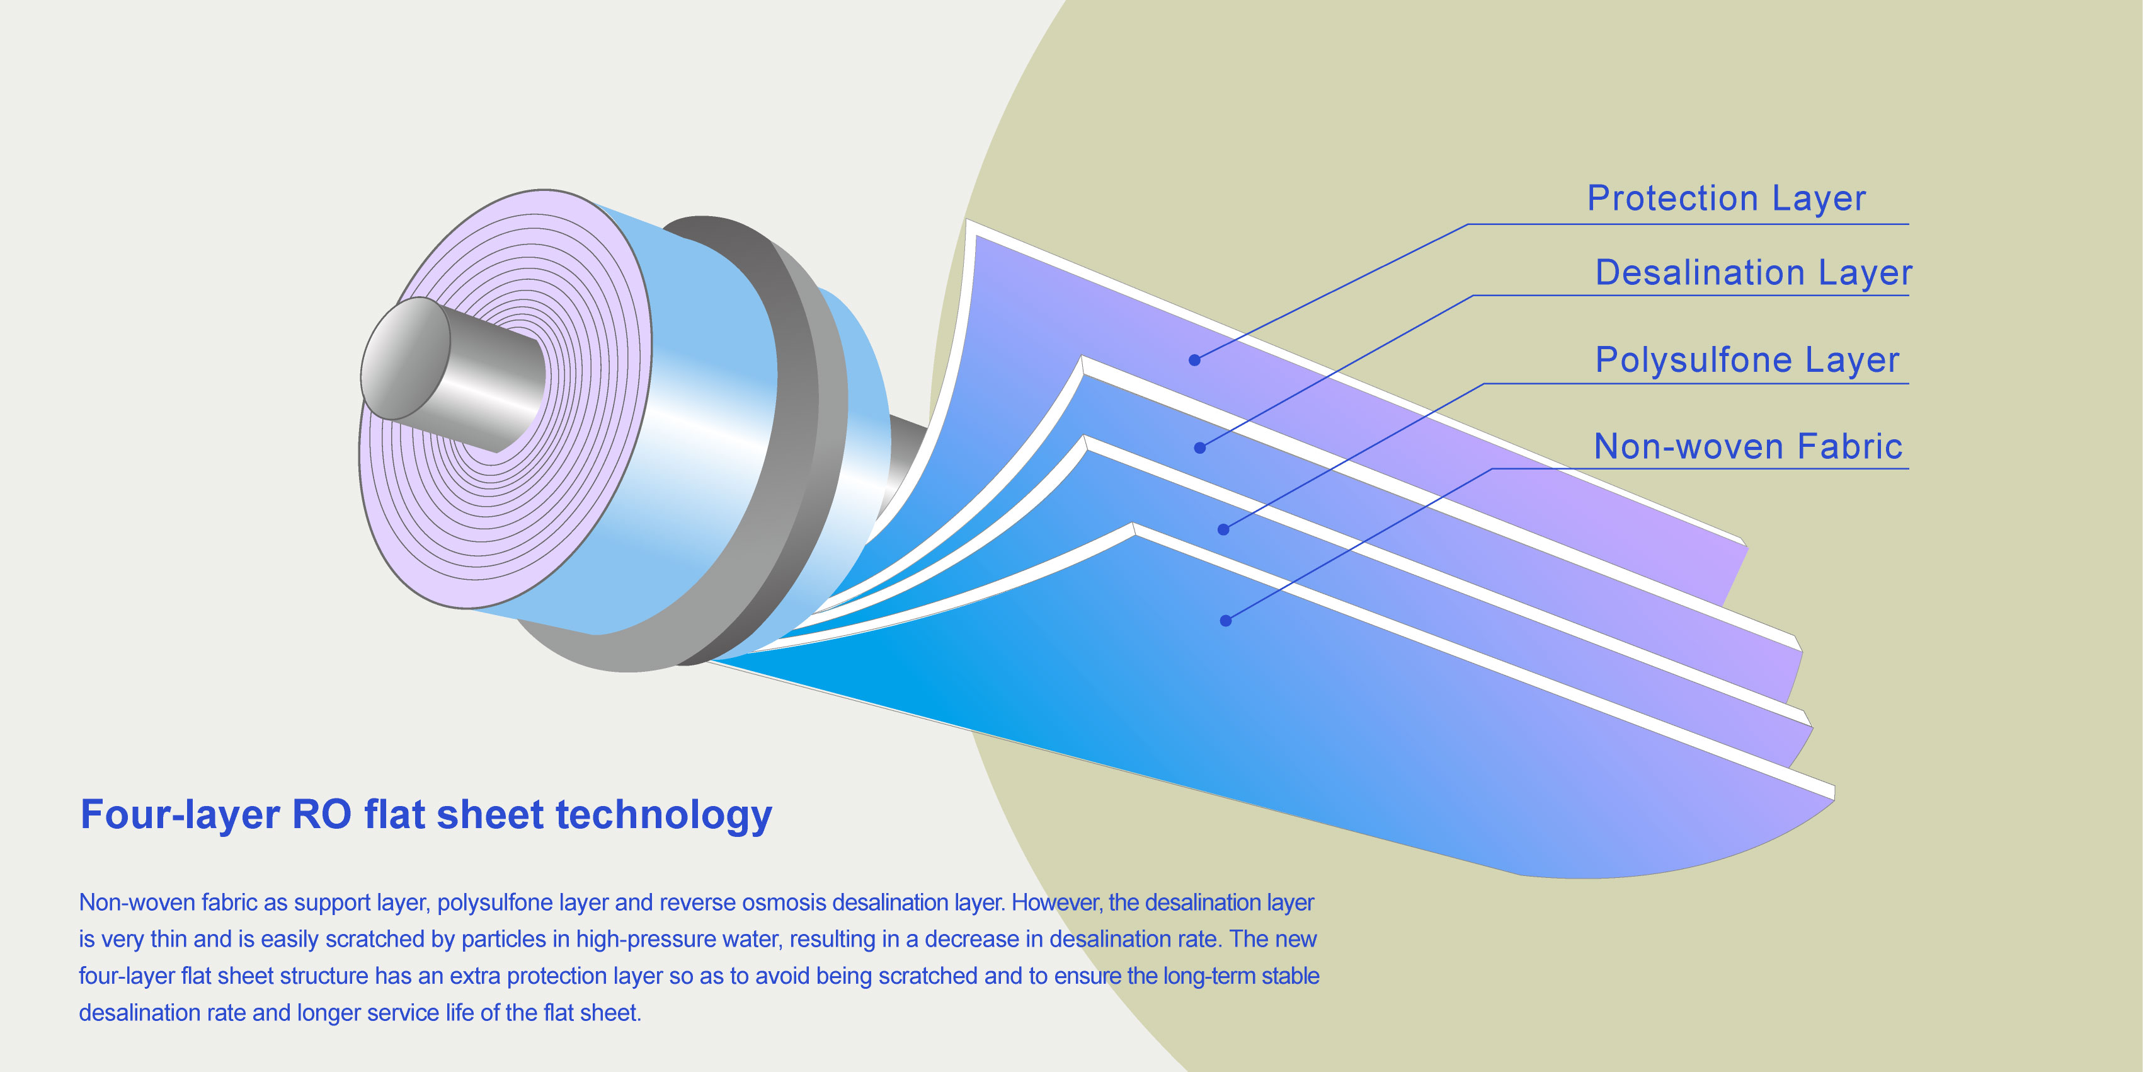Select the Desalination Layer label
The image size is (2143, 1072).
coord(1754,272)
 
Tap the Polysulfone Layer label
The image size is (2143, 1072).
coord(1747,360)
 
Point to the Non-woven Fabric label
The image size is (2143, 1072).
coord(1748,446)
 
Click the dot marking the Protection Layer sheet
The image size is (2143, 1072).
coord(1194,360)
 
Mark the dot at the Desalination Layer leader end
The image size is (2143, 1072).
coord(1199,448)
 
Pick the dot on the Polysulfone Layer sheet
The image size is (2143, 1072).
coord(1223,529)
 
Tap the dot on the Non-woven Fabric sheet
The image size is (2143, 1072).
coord(1225,620)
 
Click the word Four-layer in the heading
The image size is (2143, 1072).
coord(180,815)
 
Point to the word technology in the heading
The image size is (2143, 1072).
coord(664,815)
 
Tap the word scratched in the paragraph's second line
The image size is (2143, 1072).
coord(377,939)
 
